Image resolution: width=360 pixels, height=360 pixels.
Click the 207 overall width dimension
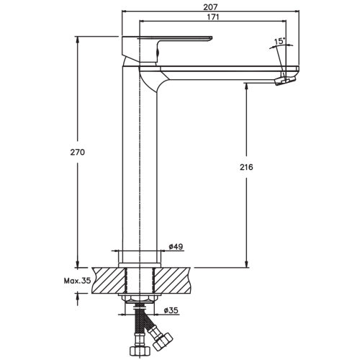pyautogui.click(x=210, y=7)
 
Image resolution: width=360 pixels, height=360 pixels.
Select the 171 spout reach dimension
pyautogui.click(x=212, y=17)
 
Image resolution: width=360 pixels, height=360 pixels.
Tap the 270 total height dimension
pyautogui.click(x=78, y=152)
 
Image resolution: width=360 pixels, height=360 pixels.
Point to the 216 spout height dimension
pyautogui.click(x=246, y=167)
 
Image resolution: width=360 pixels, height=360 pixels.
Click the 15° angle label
pyautogui.click(x=279, y=41)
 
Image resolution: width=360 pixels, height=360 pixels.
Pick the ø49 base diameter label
pyautogui.click(x=176, y=246)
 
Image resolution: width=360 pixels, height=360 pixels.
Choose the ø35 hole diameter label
pyautogui.click(x=171, y=310)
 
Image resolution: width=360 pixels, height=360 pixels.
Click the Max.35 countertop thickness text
pyautogui.click(x=77, y=281)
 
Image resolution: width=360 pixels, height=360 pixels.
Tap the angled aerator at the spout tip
pyautogui.click(x=285, y=79)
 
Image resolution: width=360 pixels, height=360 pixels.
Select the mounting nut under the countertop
pyautogui.click(x=140, y=299)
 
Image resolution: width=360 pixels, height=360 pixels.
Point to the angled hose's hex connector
pyautogui.click(x=163, y=341)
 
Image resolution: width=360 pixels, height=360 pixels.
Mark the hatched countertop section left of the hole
pyautogui.click(x=109, y=280)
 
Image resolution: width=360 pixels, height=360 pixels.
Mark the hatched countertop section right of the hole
pyautogui.click(x=172, y=280)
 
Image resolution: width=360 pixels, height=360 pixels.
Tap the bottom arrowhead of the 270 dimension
pyautogui.click(x=77, y=264)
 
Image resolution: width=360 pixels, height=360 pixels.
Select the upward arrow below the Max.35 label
pyautogui.click(x=77, y=300)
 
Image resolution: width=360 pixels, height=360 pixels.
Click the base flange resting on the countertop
pyautogui.click(x=140, y=265)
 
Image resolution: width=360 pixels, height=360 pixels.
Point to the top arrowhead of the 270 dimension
pyautogui.click(x=77, y=40)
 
